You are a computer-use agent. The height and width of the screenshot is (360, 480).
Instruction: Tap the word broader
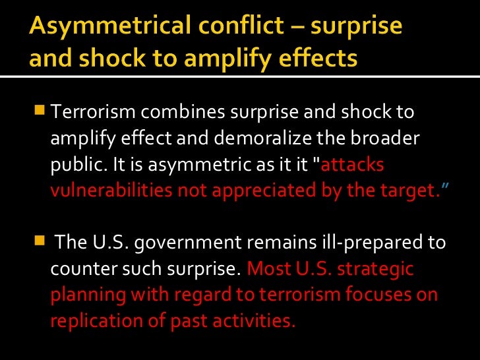(385, 139)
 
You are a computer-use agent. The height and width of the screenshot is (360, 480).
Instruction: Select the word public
(72, 165)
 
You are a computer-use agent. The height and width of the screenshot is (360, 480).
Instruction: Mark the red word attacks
(355, 165)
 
